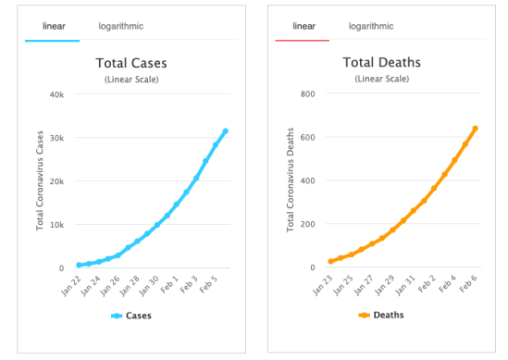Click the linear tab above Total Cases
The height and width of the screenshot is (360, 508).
pyautogui.click(x=53, y=26)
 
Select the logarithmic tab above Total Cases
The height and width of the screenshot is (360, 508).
pyautogui.click(x=121, y=26)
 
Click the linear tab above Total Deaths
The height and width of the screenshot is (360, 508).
pyautogui.click(x=304, y=26)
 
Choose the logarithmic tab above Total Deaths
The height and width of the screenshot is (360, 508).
pyautogui.click(x=372, y=26)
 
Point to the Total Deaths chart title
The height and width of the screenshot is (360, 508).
pyautogui.click(x=382, y=64)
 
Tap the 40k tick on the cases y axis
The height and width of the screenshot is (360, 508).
pyautogui.click(x=56, y=94)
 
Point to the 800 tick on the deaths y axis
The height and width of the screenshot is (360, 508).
pyautogui.click(x=308, y=94)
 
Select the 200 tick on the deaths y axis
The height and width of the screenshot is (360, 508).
pyautogui.click(x=308, y=224)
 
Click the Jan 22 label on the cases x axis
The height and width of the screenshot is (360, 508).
pyautogui.click(x=72, y=281)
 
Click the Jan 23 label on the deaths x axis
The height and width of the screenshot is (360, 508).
pyautogui.click(x=323, y=281)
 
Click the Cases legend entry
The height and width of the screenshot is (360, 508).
pyautogui.click(x=132, y=316)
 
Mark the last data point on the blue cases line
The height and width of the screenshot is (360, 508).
pyautogui.click(x=225, y=131)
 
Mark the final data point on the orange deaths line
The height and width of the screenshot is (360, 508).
pyautogui.click(x=475, y=129)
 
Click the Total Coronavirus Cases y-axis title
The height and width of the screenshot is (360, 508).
pyautogui.click(x=41, y=180)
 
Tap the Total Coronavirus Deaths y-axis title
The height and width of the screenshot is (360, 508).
pyautogui.click(x=291, y=180)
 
